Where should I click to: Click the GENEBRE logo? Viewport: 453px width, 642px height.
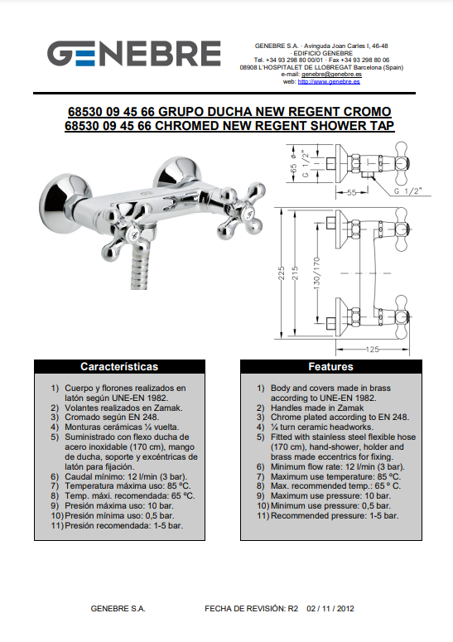click(134, 54)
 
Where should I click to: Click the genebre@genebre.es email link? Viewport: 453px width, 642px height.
click(331, 75)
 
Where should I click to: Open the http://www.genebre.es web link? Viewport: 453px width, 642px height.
click(329, 81)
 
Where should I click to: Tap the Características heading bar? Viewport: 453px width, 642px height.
click(119, 366)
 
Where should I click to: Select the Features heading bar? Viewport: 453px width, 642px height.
click(330, 366)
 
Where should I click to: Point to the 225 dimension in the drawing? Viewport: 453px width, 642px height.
click(281, 273)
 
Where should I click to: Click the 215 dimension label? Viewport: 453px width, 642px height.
click(295, 273)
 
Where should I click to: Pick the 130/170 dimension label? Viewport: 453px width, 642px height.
click(316, 273)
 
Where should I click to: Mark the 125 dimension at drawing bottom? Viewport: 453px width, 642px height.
click(373, 350)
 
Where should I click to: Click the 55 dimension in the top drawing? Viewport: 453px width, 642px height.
click(351, 192)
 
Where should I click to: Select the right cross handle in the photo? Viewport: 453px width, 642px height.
click(242, 211)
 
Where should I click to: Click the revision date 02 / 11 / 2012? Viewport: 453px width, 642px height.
click(330, 609)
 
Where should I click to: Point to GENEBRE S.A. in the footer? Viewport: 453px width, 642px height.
click(118, 609)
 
